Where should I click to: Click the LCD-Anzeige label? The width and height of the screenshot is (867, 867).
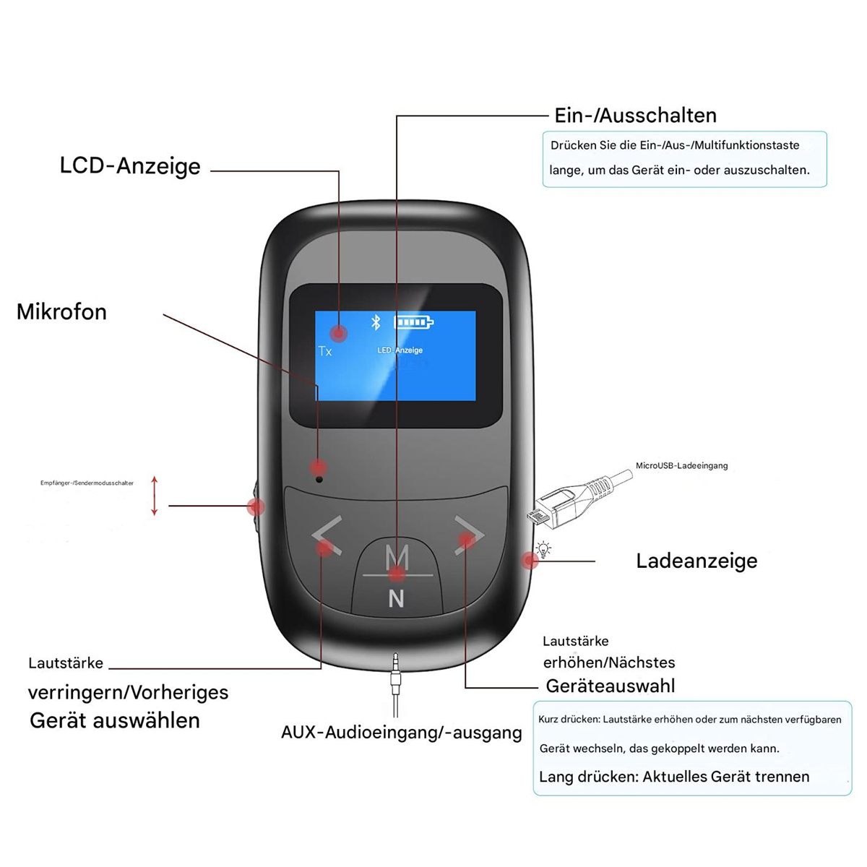tap(130, 166)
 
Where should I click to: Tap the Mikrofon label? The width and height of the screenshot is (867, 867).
tap(61, 312)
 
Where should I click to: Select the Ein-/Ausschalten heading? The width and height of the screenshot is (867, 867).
tap(635, 116)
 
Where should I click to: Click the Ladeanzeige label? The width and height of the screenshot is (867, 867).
tap(696, 561)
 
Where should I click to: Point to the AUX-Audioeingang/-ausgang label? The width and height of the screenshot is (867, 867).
tap(401, 733)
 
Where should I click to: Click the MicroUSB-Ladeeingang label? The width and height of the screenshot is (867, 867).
tap(681, 466)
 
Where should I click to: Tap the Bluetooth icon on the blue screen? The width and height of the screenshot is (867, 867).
tap(376, 322)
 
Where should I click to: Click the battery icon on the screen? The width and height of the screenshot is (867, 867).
tap(413, 322)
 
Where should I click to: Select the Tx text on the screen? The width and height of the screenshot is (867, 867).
tap(325, 350)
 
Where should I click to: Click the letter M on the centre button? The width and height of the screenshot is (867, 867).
tap(397, 557)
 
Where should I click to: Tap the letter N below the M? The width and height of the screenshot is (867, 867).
tap(396, 598)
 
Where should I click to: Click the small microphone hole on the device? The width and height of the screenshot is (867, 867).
tap(319, 479)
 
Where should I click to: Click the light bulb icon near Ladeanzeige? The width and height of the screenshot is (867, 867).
tap(544, 549)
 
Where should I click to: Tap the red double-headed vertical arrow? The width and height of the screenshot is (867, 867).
tap(155, 496)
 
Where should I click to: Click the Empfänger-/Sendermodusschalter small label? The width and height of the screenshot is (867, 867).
tap(87, 483)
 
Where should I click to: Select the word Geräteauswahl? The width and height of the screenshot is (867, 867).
tap(611, 686)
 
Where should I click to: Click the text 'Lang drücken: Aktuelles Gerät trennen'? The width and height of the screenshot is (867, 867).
tap(674, 777)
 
